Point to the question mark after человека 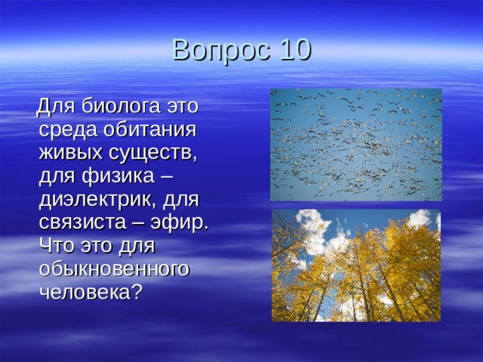pyautogui.click(x=136, y=293)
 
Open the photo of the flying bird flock pyautogui.click(x=355, y=144)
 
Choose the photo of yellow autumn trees pyautogui.click(x=355, y=265)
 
